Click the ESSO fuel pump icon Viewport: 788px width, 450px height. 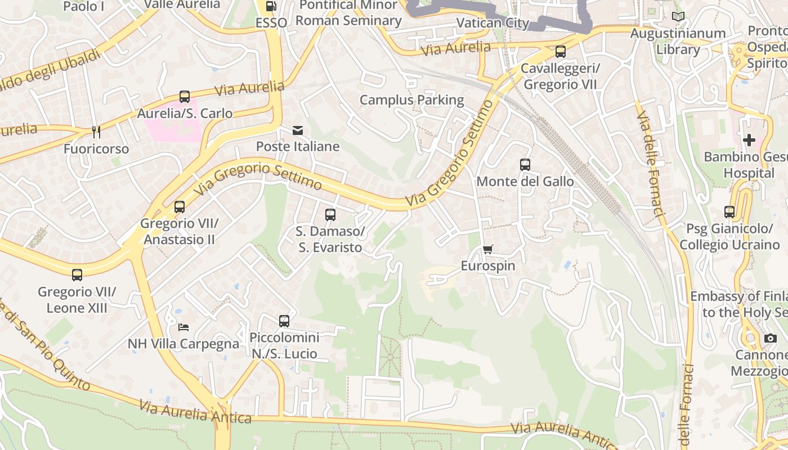point(271,6)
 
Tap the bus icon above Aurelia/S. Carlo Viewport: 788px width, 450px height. point(185,97)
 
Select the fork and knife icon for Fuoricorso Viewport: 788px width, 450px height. point(96,132)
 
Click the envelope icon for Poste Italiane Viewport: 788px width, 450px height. point(298,130)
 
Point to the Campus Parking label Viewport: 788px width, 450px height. point(411,100)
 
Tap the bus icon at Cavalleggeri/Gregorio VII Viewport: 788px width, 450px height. point(560,52)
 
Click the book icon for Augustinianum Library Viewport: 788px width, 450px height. point(678,17)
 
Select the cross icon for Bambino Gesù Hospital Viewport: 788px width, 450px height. point(749,140)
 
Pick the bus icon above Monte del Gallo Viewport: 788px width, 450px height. point(525,165)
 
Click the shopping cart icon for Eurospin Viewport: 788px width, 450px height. point(487,250)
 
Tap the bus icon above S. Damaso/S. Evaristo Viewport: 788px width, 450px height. point(330,215)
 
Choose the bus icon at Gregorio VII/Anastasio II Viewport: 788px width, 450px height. point(180,207)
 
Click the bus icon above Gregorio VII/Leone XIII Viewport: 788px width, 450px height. point(77,275)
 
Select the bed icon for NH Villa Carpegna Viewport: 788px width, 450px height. point(183,327)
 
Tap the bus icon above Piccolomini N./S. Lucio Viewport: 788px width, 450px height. point(284,321)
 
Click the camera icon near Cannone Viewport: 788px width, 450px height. point(770,338)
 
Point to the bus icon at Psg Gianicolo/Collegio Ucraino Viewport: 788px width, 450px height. point(729,212)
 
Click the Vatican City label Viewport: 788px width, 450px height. point(492,23)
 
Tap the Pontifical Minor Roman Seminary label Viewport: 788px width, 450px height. point(348,13)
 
